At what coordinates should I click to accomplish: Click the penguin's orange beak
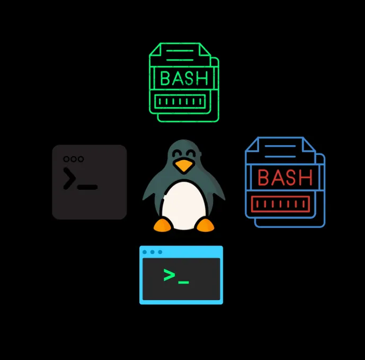pos(184,166)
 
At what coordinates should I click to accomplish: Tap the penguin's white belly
pos(183,204)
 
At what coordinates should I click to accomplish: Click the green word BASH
pos(184,78)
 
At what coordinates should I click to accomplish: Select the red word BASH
pos(285,178)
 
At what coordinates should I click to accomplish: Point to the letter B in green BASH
pos(165,78)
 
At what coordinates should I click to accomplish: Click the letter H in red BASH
pos(306,178)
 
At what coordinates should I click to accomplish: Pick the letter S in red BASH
pos(292,178)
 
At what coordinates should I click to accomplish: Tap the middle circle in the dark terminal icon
pos(74,159)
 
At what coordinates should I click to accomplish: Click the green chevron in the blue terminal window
pos(169,275)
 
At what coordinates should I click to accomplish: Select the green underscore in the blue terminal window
pos(183,281)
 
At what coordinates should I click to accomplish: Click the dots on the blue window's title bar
pos(152,252)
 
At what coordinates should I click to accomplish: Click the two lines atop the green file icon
pos(179,55)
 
